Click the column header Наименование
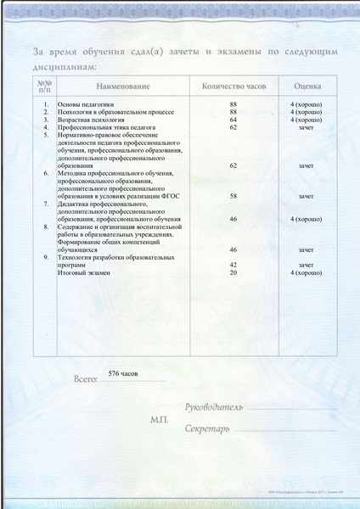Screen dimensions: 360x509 (x=123, y=87)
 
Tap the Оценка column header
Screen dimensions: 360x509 (x=307, y=87)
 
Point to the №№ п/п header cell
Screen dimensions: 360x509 (x=45, y=87)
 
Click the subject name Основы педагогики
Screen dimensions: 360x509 (x=85, y=104)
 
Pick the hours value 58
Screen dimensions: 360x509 (x=233, y=196)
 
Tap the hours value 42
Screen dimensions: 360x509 (x=233, y=266)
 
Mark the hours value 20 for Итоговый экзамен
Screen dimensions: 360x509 (x=233, y=273)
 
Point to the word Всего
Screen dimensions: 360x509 (x=87, y=380)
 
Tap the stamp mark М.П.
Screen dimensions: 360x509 (x=160, y=420)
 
